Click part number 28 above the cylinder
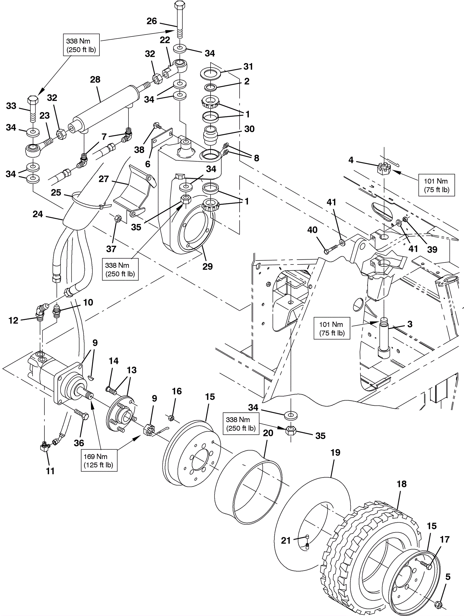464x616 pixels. pyautogui.click(x=95, y=80)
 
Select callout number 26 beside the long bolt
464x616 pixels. pyautogui.click(x=152, y=21)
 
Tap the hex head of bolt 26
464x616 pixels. pyautogui.click(x=180, y=5)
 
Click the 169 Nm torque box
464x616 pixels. pyautogui.click(x=99, y=461)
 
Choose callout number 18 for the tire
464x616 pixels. pyautogui.click(x=401, y=484)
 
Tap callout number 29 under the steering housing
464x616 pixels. pyautogui.click(x=207, y=266)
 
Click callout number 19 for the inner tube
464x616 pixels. pyautogui.click(x=335, y=453)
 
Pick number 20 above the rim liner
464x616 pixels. pyautogui.click(x=268, y=433)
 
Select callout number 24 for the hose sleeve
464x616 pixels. pyautogui.click(x=38, y=214)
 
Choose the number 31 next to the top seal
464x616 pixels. pyautogui.click(x=248, y=67)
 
